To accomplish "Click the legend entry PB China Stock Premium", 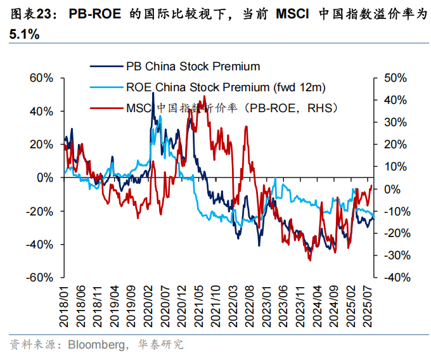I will pyautogui.click(x=193, y=66).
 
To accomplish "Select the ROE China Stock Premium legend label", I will pyautogui.click(x=226, y=87).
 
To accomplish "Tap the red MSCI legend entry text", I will pyautogui.click(x=231, y=108).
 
